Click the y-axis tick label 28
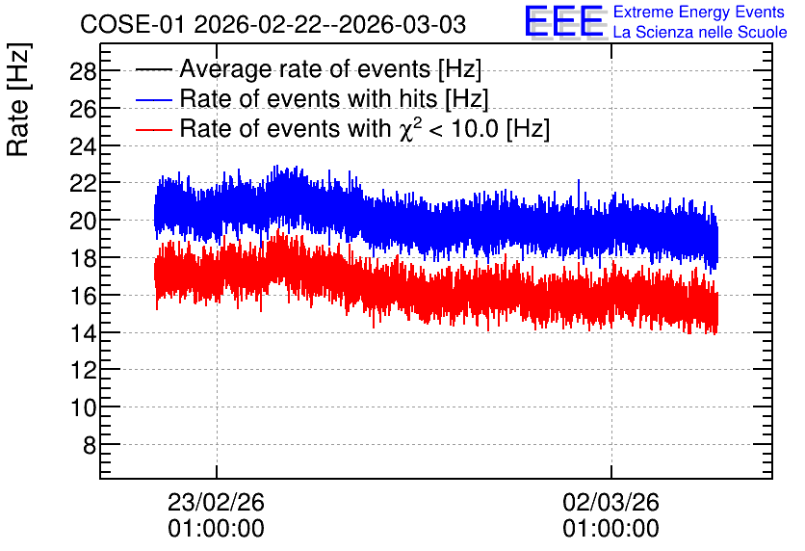click(x=83, y=71)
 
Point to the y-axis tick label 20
click(x=83, y=221)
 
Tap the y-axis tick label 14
click(x=83, y=333)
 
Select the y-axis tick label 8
click(x=90, y=445)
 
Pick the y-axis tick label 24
click(x=83, y=146)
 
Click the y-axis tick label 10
click(x=83, y=407)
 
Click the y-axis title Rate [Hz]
click(x=18, y=99)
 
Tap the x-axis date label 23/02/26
click(x=216, y=502)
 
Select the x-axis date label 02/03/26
click(x=610, y=502)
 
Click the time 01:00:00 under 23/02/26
click(x=216, y=529)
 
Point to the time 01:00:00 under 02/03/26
click(x=610, y=529)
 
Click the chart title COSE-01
click(x=132, y=24)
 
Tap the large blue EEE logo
click(x=564, y=21)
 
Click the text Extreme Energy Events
click(x=699, y=12)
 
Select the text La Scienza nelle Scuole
click(x=700, y=32)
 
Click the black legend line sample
click(x=154, y=69)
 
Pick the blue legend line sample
click(x=154, y=99)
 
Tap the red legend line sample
click(x=154, y=129)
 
